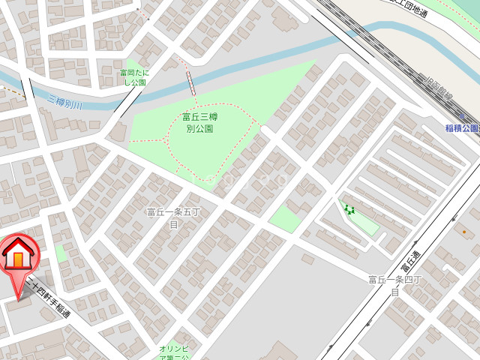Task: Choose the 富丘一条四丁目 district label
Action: click(x=394, y=285)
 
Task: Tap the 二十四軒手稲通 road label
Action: click(x=48, y=296)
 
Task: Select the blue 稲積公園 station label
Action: click(x=461, y=129)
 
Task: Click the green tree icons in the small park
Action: click(x=349, y=209)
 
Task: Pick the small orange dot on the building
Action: click(x=463, y=232)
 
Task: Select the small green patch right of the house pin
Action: click(x=60, y=254)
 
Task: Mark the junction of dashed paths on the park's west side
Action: click(x=166, y=139)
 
